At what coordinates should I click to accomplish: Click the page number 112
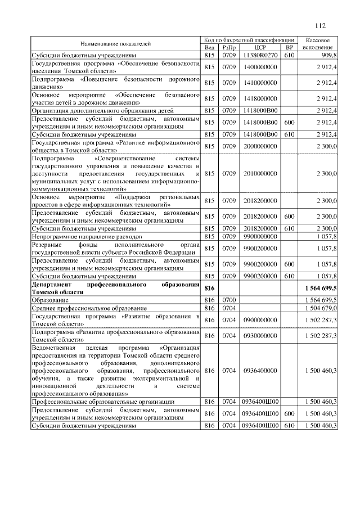pos(321,25)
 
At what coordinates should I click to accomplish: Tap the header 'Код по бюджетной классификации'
pos(249,40)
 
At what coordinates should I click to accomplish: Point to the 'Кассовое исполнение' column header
pos(318,43)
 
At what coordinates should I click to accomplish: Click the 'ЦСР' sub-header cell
pos(259,48)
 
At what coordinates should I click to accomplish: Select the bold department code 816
pos(210,289)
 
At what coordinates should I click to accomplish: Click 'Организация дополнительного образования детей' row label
pos(102,111)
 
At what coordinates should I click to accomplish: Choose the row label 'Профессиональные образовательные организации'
pos(103,402)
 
